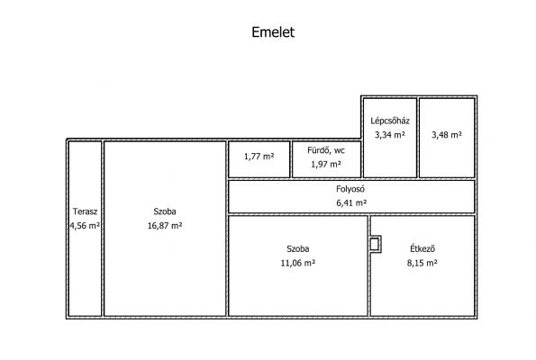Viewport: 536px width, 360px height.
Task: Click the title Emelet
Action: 273,32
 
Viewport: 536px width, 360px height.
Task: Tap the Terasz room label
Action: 85,211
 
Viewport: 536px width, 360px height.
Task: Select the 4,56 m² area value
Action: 85,225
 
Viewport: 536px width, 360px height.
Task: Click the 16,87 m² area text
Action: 165,225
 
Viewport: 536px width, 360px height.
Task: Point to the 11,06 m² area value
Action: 298,263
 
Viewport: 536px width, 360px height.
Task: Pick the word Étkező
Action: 422,248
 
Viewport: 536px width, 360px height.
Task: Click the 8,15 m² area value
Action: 422,263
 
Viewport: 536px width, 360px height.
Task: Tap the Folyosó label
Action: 350,188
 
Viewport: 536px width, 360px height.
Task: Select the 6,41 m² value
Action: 351,202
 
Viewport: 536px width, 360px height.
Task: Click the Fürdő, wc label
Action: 326,150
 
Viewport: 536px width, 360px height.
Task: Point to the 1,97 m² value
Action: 326,165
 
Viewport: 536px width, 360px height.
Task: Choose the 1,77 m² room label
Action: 259,157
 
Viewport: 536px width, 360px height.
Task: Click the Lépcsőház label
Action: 390,121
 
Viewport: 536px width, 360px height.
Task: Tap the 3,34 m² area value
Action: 390,135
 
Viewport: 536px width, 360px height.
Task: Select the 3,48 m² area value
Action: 447,135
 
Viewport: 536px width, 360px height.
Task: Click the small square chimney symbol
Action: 375,244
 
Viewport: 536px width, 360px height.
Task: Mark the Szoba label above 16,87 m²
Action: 165,211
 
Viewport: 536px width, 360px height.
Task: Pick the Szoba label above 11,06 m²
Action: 298,248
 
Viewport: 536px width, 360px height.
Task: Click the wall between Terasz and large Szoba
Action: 103,229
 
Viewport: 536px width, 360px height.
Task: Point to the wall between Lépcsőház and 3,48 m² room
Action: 418,138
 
